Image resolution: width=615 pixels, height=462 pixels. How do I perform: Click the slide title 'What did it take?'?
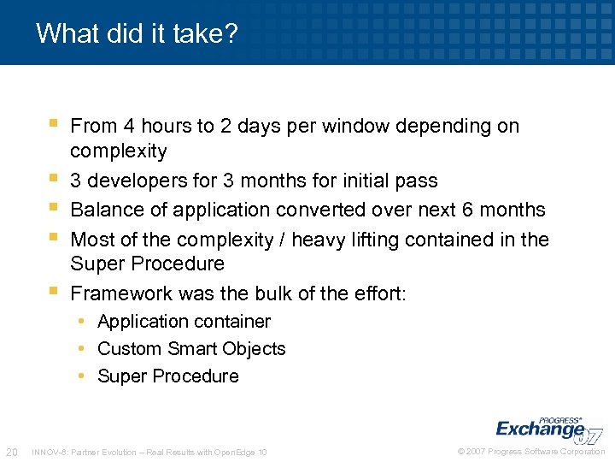pyautogui.click(x=137, y=34)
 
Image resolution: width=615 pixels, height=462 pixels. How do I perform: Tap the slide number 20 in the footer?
pyautogui.click(x=11, y=452)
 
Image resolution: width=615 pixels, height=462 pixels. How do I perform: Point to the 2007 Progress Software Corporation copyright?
pyautogui.click(x=531, y=452)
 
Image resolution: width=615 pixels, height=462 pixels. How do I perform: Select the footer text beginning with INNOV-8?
pyautogui.click(x=149, y=452)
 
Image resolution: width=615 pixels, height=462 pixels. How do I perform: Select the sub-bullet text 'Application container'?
pyautogui.click(x=184, y=322)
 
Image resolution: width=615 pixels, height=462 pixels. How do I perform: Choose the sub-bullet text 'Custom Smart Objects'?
pyautogui.click(x=191, y=349)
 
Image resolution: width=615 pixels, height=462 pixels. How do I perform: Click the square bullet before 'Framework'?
pyautogui.click(x=53, y=292)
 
